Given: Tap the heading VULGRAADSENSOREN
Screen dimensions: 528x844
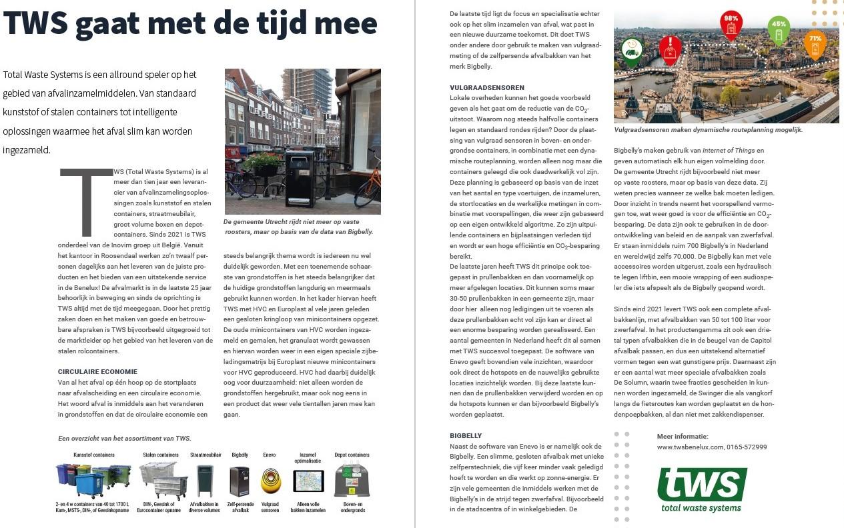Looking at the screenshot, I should (x=487, y=88).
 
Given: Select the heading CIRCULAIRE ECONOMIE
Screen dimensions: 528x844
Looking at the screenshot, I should (x=97, y=372).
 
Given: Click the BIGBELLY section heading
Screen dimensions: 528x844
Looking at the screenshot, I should (x=466, y=435).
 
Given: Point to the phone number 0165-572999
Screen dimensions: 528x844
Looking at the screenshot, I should (x=747, y=447).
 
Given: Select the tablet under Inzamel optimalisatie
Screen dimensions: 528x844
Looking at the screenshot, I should (x=308, y=481).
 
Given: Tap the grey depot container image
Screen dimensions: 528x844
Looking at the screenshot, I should (x=351, y=481).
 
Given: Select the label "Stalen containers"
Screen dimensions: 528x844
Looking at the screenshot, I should (x=161, y=455).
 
